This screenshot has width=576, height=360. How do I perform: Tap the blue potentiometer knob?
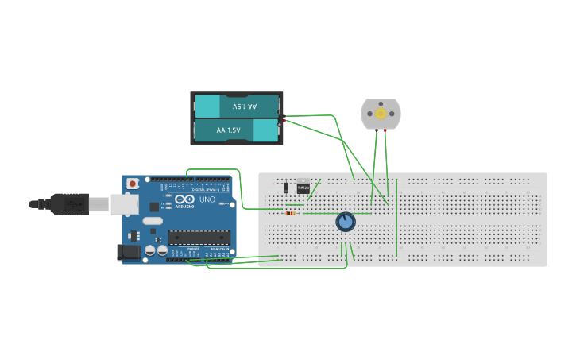click(x=345, y=222)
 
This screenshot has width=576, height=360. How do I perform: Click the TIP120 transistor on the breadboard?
click(x=303, y=188)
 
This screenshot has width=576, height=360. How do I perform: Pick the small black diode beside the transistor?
click(x=286, y=188)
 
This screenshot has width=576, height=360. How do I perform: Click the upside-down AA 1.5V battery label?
click(x=244, y=106)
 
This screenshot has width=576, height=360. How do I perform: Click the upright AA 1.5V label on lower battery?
click(x=228, y=130)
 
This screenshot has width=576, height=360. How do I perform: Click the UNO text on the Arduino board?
click(x=207, y=200)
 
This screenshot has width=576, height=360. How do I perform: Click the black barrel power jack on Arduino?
click(x=128, y=252)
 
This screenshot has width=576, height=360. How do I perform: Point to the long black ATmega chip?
click(x=198, y=236)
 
